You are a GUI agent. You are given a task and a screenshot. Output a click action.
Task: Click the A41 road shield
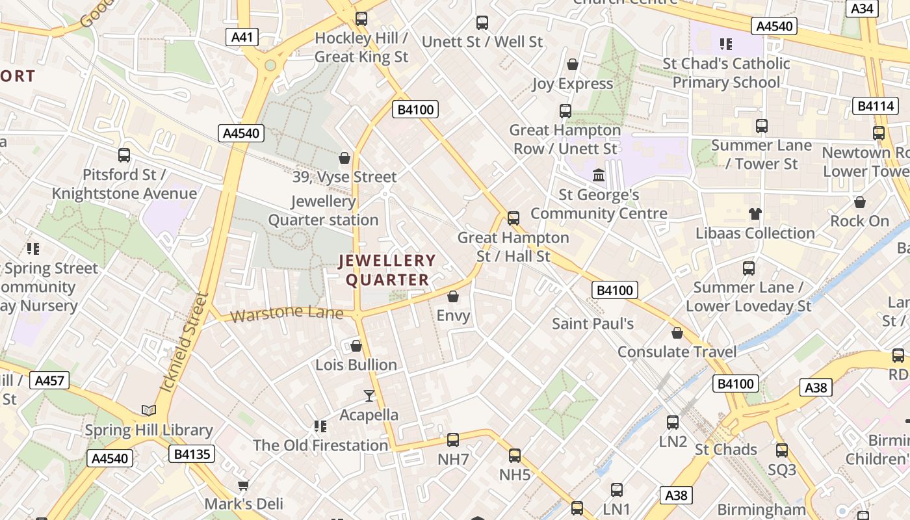(x=242, y=37)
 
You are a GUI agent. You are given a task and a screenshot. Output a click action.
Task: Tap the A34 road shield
(x=863, y=8)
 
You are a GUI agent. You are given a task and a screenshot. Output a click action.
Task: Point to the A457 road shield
(x=49, y=380)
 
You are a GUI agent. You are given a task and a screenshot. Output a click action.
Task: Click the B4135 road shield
(x=192, y=453)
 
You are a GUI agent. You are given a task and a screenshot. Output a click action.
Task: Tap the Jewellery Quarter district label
(x=387, y=270)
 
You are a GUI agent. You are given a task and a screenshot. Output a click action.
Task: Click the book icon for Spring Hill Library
(x=149, y=410)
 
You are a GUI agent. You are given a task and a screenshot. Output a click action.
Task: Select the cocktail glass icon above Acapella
(x=369, y=395)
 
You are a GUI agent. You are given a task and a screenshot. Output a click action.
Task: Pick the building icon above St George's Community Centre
(x=599, y=175)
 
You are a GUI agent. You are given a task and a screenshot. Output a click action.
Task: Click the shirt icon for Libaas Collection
(x=755, y=213)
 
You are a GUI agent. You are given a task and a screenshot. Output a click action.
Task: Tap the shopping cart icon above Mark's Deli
(x=244, y=485)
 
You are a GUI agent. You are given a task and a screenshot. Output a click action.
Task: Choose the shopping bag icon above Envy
(x=453, y=296)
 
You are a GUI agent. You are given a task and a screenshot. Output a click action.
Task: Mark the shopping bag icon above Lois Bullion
(x=356, y=345)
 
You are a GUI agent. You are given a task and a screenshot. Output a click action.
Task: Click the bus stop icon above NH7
(x=453, y=440)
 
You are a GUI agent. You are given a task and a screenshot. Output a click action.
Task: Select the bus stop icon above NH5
(x=515, y=456)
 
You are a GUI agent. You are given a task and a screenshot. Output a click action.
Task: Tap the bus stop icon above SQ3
(x=781, y=450)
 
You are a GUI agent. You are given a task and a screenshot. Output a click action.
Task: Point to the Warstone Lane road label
(x=287, y=314)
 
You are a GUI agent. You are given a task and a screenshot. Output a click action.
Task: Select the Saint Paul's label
(x=593, y=323)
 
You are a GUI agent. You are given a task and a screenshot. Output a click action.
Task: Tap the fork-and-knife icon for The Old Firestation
(x=320, y=426)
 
